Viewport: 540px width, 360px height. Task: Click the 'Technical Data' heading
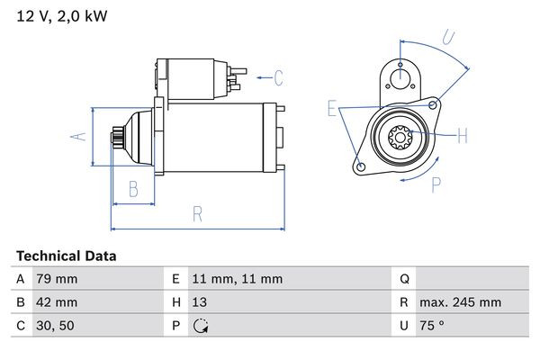pyautogui.click(x=66, y=256)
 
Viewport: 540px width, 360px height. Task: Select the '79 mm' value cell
pyautogui.click(x=55, y=279)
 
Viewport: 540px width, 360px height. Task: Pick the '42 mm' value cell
pyautogui.click(x=56, y=302)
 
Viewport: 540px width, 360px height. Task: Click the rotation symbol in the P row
pyautogui.click(x=201, y=326)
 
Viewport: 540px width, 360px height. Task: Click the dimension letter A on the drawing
pyautogui.click(x=77, y=136)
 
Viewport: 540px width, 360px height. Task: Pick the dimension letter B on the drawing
pyautogui.click(x=133, y=188)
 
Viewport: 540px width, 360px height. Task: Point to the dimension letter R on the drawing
pyautogui.click(x=197, y=214)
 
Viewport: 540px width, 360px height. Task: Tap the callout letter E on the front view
pyautogui.click(x=332, y=109)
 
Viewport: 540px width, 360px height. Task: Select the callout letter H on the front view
pyautogui.click(x=463, y=136)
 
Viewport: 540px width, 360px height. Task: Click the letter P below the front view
pyautogui.click(x=436, y=184)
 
